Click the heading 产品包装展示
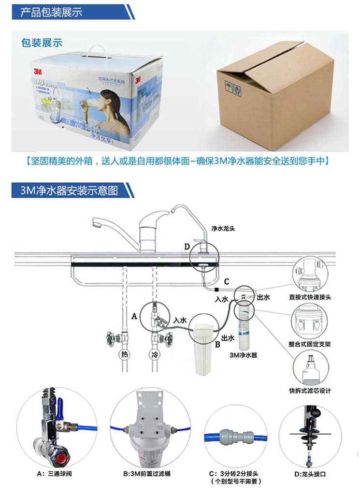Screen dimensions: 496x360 pos(51,12)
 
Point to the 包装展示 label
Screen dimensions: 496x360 pos(42,43)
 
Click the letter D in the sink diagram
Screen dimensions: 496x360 pos(187,247)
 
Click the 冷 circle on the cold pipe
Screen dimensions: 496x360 pos(154,354)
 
